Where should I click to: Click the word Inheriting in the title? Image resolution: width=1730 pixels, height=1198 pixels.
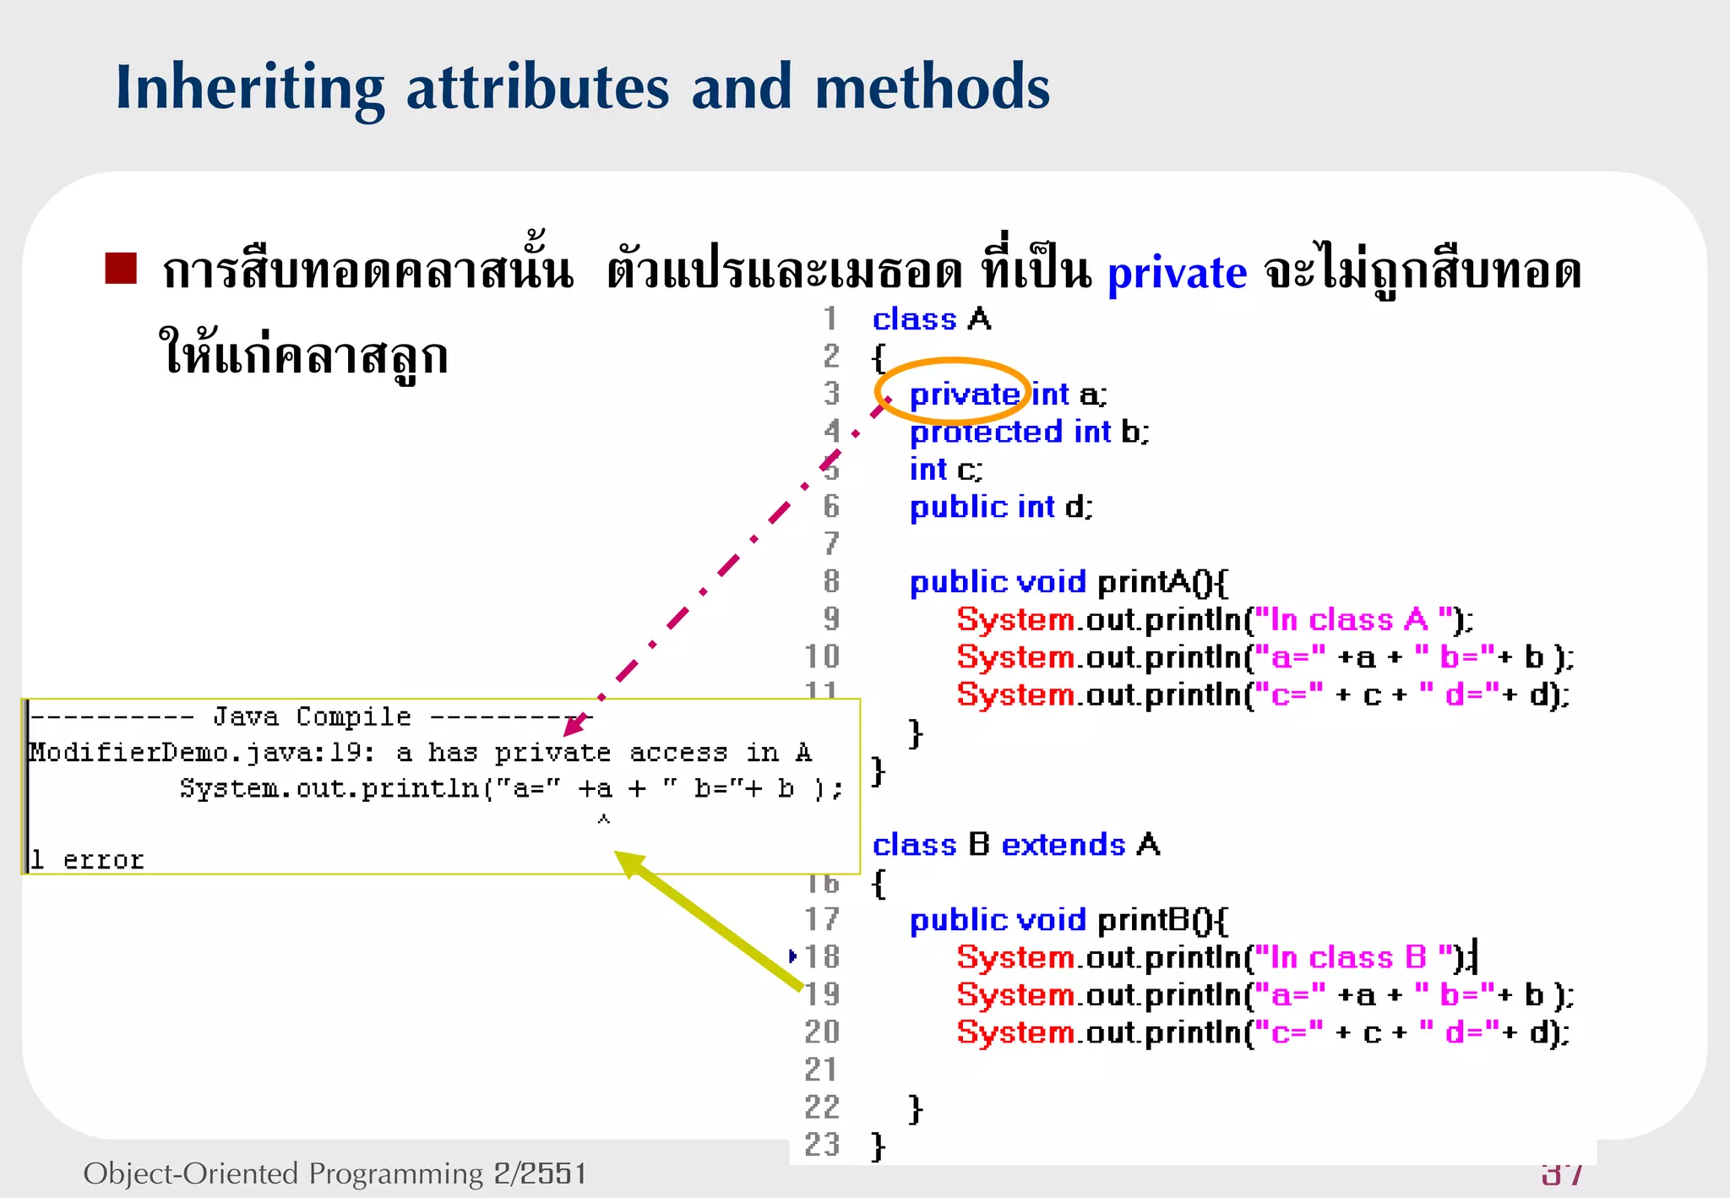(250, 89)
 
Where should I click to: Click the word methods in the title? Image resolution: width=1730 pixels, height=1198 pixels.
(932, 87)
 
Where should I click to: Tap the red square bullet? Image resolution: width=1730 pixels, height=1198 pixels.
(121, 269)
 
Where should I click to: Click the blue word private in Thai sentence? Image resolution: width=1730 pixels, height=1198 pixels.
(1176, 273)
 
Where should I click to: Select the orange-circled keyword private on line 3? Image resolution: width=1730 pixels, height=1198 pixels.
(964, 395)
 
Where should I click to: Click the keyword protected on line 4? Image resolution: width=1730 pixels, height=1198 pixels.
(986, 433)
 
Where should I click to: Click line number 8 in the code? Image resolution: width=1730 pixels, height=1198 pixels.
(831, 582)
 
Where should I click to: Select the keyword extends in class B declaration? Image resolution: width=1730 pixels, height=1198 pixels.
(1063, 845)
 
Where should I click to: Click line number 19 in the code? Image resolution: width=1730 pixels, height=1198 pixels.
(822, 994)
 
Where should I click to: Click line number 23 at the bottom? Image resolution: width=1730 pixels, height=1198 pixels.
(822, 1145)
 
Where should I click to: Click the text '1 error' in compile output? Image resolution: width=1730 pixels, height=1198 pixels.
(86, 860)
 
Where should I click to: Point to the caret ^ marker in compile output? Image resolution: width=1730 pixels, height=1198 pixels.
(603, 819)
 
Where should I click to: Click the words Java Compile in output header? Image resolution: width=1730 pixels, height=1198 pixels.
(312, 717)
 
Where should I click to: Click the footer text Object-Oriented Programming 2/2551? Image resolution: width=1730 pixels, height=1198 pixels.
(335, 1173)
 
